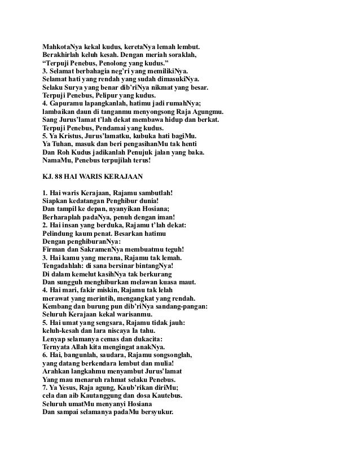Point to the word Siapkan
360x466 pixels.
coord(56,201)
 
